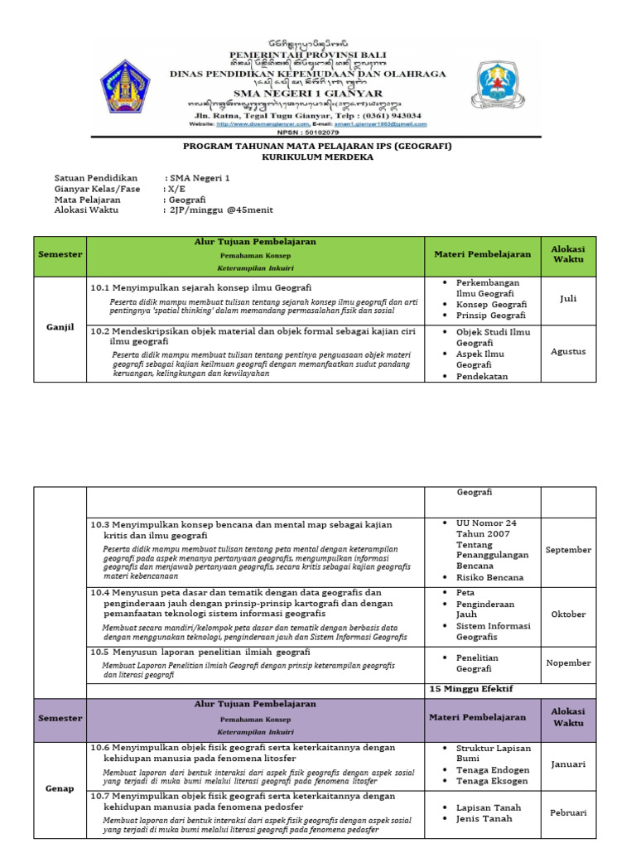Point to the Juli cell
567,299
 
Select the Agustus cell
567,351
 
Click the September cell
567,550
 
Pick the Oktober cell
567,614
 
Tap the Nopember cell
567,662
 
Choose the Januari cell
567,764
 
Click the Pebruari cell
567,812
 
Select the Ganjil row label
60,327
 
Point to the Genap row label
60,789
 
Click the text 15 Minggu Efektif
470,689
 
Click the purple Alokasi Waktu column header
567,717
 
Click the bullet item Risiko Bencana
489,577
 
